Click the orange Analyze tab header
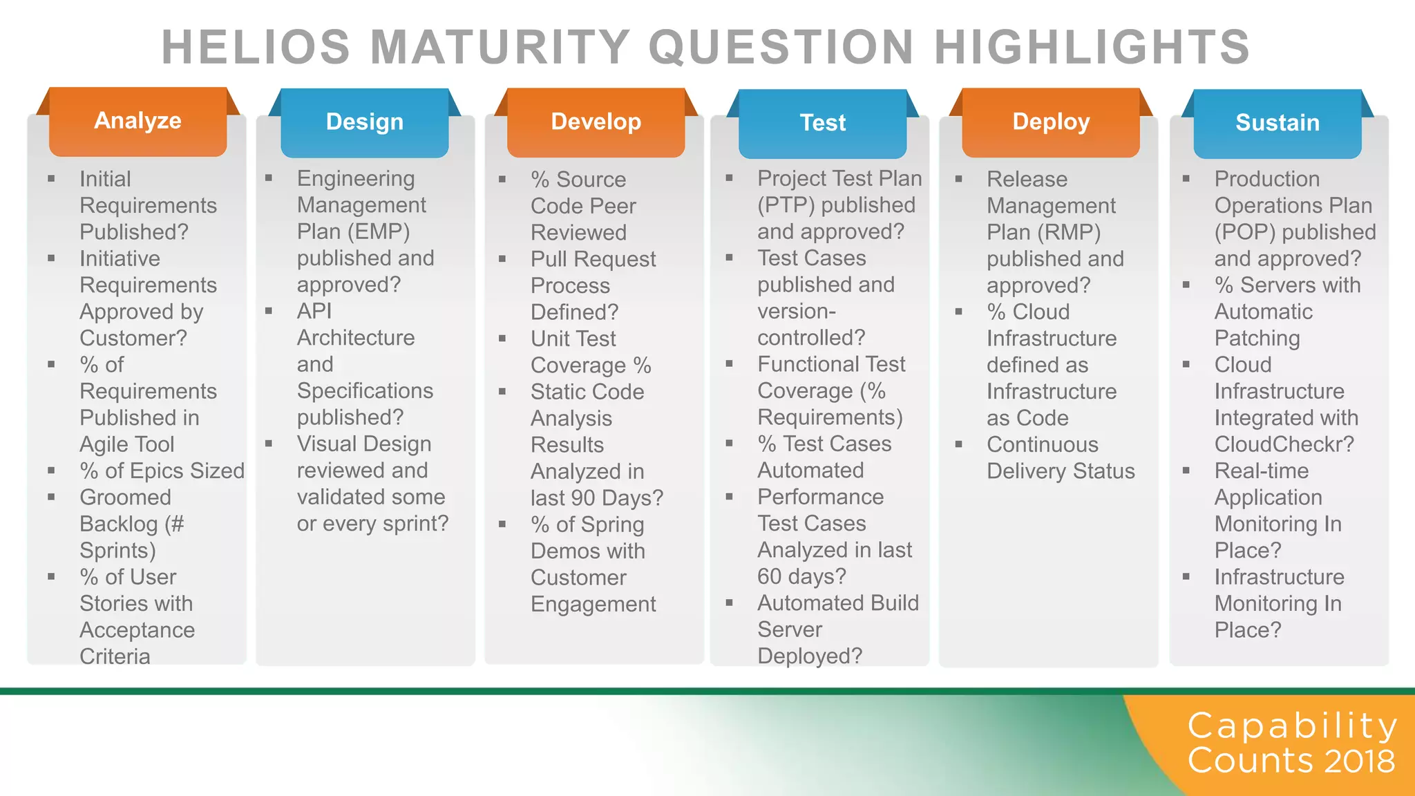point(137,121)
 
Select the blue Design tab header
point(364,122)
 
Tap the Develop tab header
point(596,122)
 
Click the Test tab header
point(822,123)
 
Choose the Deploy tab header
point(1050,122)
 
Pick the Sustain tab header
point(1277,123)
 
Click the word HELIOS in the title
point(256,47)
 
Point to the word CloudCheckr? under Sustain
point(1284,444)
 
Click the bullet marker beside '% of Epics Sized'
point(51,471)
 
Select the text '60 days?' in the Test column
point(801,576)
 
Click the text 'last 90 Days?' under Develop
point(596,498)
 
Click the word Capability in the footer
point(1292,726)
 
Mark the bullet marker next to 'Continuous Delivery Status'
point(958,444)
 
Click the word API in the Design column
point(314,311)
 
